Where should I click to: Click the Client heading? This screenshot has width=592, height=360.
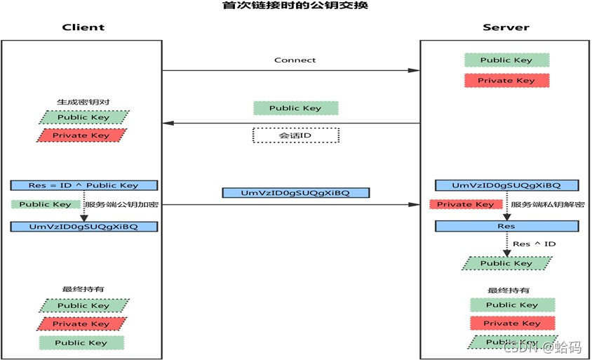(x=83, y=27)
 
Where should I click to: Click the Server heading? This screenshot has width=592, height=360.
(x=506, y=27)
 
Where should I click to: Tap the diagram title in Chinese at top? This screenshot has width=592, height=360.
(x=295, y=5)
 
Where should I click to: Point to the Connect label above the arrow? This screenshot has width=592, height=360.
(x=295, y=60)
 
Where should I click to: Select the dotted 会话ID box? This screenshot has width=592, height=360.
(x=295, y=135)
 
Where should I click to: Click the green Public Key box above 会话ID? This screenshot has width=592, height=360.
(x=295, y=108)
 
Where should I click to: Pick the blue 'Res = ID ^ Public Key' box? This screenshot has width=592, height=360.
(x=83, y=185)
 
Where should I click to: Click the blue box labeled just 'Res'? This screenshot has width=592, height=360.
(x=506, y=226)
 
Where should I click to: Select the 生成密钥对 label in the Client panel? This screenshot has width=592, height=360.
(x=83, y=102)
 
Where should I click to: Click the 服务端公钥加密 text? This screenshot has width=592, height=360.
(x=121, y=204)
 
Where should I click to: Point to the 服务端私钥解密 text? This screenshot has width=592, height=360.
(x=547, y=204)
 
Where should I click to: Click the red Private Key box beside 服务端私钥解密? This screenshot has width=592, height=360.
(x=466, y=204)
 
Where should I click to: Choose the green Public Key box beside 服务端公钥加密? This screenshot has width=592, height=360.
(x=46, y=204)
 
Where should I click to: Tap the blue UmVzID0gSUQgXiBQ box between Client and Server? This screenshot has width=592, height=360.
(x=295, y=193)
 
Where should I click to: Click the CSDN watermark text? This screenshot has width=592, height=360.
(x=542, y=347)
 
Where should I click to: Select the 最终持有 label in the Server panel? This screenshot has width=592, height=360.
(x=509, y=290)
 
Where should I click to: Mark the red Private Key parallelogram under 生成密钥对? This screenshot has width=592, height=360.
(x=81, y=135)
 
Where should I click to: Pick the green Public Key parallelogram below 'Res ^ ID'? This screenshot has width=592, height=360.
(x=506, y=263)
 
